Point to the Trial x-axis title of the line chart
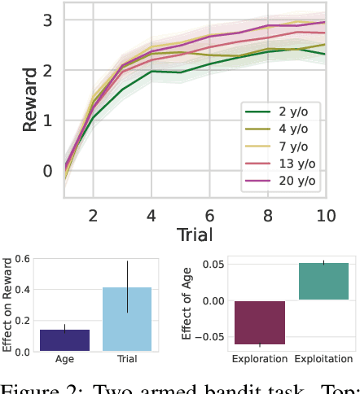(x=195, y=235)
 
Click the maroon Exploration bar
(x=261, y=322)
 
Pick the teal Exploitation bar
(x=323, y=281)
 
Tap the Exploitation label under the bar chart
(x=323, y=359)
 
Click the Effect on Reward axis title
(x=8, y=305)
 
